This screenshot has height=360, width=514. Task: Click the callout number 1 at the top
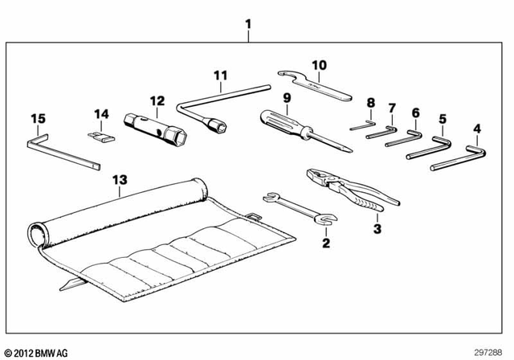[248, 24]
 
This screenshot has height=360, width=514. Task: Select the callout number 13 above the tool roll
[120, 179]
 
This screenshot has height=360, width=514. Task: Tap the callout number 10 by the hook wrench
[319, 64]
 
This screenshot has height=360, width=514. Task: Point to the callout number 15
[38, 119]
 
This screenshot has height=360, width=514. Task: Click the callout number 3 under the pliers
[377, 228]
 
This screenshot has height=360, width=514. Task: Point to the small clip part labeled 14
[99, 136]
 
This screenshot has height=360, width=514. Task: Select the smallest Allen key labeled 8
[362, 125]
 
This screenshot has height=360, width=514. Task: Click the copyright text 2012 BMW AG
[36, 351]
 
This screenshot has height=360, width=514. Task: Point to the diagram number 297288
[490, 351]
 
